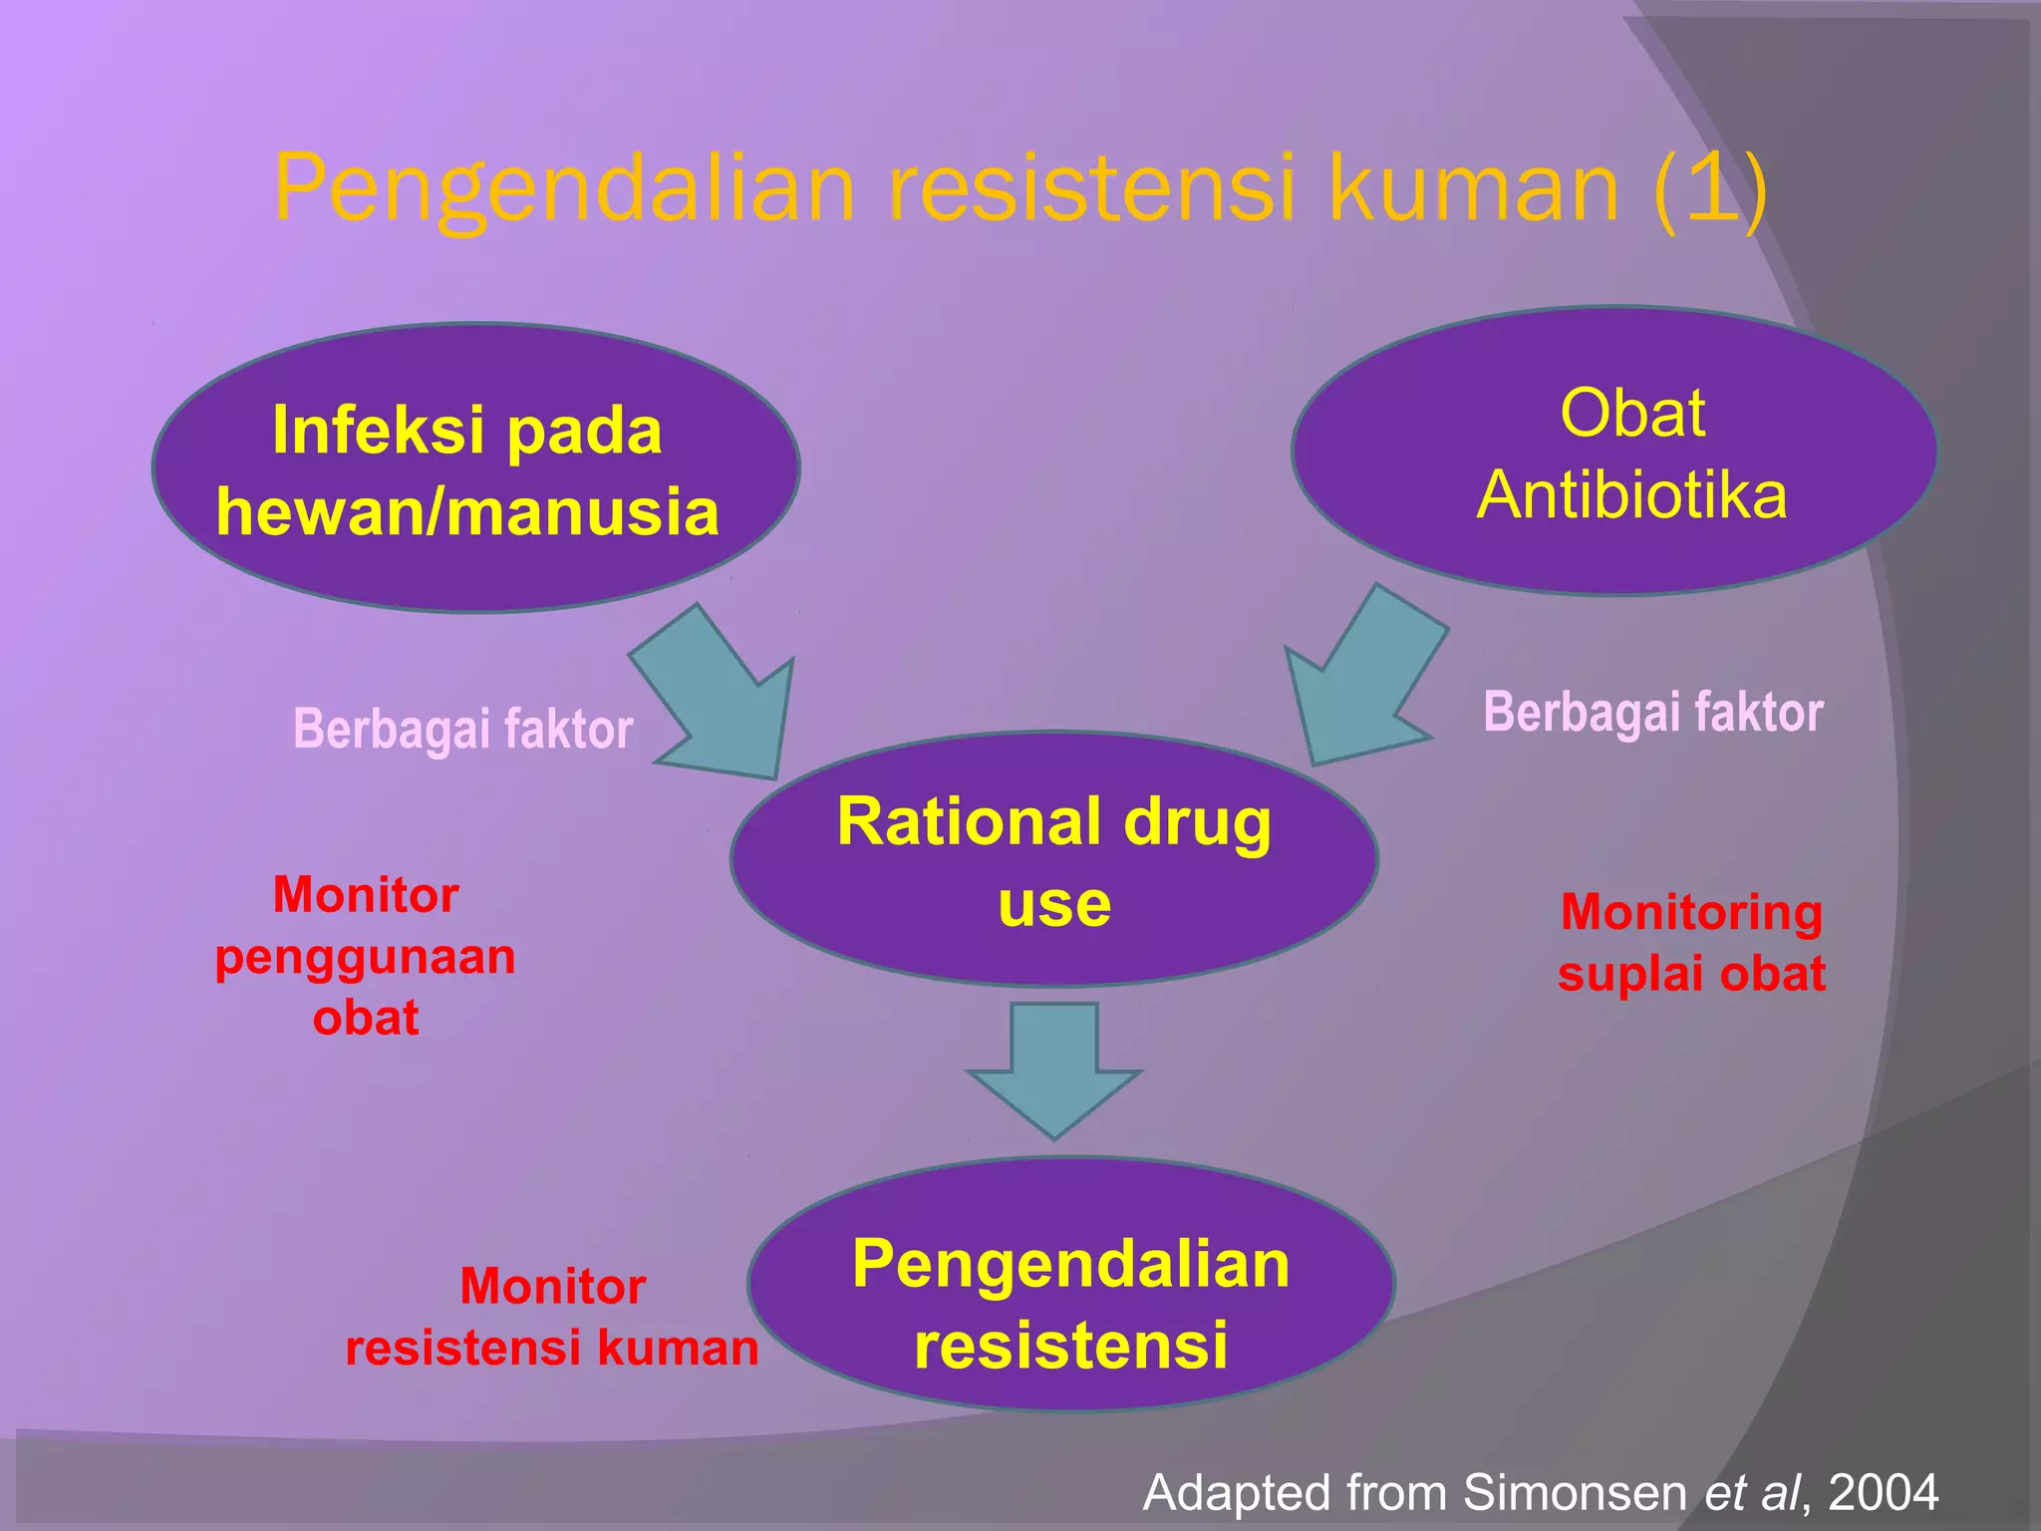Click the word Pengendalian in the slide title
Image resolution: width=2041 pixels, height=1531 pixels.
click(564, 189)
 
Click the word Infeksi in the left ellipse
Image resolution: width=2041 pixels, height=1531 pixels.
click(382, 431)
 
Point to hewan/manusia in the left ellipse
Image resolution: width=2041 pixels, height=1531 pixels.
click(467, 512)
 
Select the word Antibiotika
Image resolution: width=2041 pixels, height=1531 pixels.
click(1632, 495)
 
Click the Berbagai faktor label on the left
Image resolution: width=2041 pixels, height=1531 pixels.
click(462, 729)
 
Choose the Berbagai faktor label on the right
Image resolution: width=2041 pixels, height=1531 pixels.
click(1653, 713)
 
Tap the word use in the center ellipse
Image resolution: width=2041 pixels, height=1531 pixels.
click(1054, 904)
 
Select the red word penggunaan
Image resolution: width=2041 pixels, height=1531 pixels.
click(366, 958)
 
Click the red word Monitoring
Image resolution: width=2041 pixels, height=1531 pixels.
click(1691, 912)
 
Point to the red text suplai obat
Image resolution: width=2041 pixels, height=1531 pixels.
click(1691, 974)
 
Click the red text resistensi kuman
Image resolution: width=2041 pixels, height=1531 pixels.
click(551, 1349)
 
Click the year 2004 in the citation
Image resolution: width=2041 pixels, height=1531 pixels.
click(1883, 1493)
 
